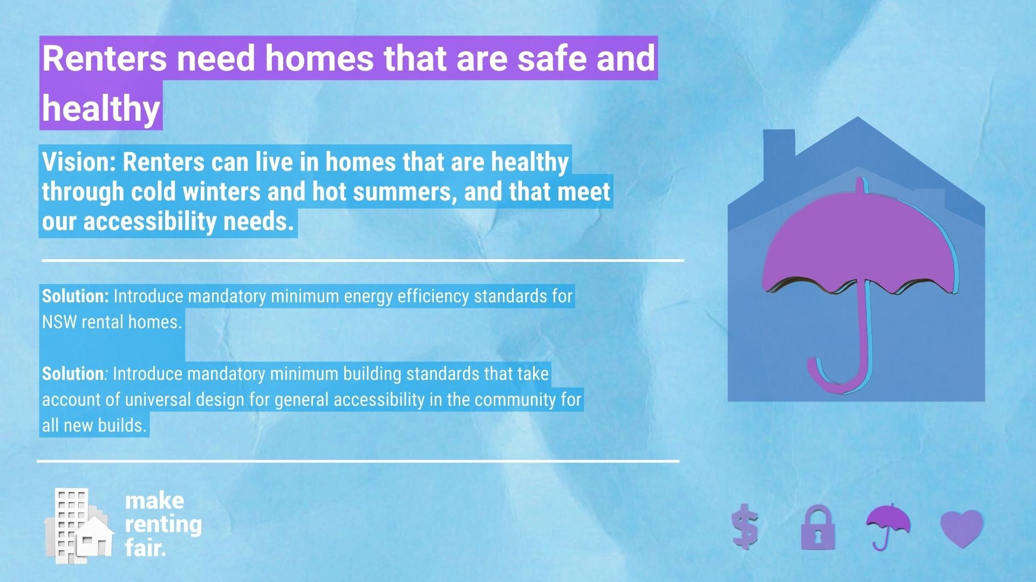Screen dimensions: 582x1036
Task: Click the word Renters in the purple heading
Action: point(104,58)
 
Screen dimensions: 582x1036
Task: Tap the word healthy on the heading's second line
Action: point(101,108)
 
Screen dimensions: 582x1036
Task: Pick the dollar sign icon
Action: point(746,526)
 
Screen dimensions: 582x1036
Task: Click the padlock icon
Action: point(817,528)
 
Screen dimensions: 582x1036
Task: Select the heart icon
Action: point(962,528)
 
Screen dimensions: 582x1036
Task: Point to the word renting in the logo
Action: point(163,524)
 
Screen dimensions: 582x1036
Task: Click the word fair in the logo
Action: point(144,548)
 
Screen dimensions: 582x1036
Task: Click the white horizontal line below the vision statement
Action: point(363,260)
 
